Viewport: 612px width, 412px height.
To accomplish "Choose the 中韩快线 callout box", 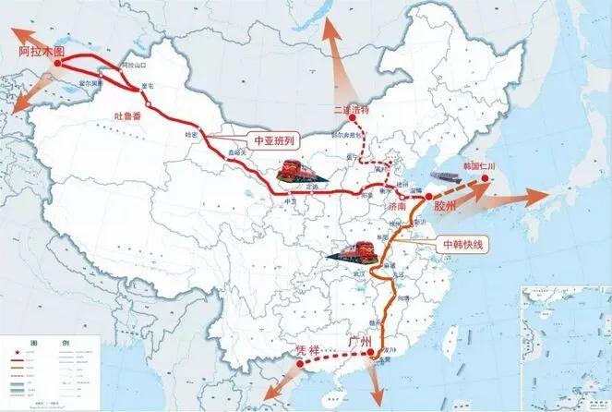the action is pyautogui.click(x=462, y=245).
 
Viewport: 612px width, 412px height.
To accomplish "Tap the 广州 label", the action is pyautogui.click(x=359, y=342).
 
